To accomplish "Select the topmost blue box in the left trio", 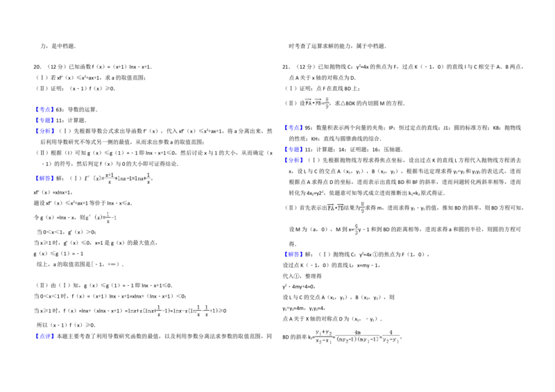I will [44, 109].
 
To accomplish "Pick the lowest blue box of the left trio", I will [44, 131].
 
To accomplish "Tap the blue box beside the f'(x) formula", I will [44, 178].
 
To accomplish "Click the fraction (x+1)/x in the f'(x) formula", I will [109, 178].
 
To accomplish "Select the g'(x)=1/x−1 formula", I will [102, 217].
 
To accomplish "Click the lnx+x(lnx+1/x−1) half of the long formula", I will [148, 311].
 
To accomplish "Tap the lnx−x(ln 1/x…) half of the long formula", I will [196, 311].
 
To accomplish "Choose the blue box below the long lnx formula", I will [44, 337].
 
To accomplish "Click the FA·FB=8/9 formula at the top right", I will [316, 103].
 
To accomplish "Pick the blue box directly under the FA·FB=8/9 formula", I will [293, 128].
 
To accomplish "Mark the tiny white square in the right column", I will [386, 142].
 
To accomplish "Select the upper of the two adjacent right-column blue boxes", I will [293, 149].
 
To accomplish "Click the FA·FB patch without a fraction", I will [334, 207].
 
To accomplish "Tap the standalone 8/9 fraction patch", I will [361, 207].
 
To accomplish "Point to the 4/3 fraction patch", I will [356, 230].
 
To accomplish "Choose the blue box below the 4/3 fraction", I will [293, 255].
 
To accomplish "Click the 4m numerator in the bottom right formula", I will [357, 332].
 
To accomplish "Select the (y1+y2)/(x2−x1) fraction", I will [323, 336].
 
